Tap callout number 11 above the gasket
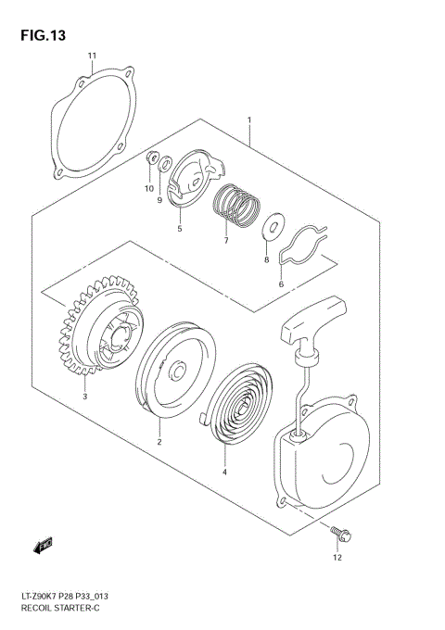92,57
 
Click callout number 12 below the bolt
337,558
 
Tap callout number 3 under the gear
84,397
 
